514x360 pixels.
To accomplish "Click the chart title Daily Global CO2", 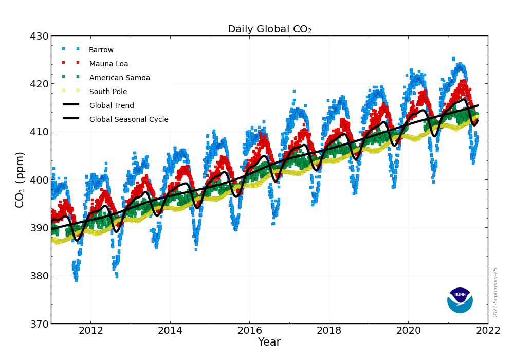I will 269,29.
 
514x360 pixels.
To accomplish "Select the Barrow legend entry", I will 101,50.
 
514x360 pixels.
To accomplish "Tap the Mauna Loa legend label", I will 109,64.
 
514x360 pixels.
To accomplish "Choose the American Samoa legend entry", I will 120,78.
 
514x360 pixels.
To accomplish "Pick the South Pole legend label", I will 108,92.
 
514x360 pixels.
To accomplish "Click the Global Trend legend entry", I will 112,106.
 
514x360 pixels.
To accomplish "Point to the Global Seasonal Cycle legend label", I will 128,120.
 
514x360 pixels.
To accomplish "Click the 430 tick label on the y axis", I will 39,37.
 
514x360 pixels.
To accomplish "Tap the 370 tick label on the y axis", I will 39,324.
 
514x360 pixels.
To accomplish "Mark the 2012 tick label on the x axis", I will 91,330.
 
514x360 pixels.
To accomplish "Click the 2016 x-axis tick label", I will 250,330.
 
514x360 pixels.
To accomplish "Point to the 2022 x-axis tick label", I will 488,330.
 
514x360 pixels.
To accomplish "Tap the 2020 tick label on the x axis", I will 409,330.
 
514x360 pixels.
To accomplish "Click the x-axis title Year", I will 269,343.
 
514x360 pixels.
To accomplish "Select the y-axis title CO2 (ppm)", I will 20,179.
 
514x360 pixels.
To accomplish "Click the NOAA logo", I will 460,300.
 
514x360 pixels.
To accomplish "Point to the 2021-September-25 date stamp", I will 495,292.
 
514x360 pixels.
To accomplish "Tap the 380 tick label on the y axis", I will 39,276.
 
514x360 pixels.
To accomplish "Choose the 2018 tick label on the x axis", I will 329,330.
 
